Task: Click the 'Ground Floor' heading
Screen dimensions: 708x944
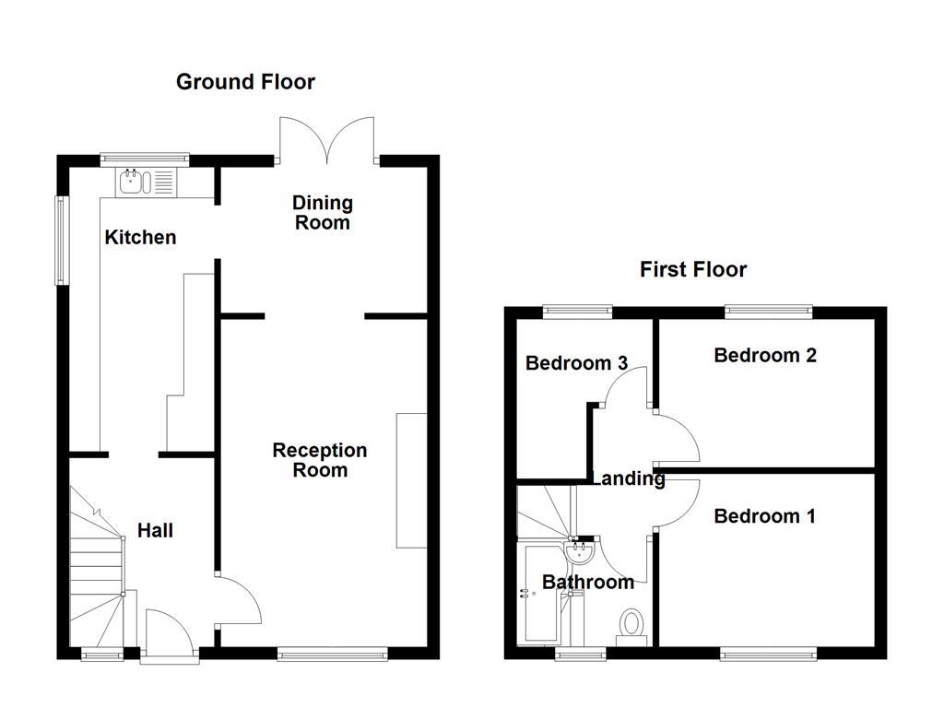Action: tap(245, 82)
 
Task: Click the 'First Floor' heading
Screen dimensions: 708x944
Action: tap(693, 269)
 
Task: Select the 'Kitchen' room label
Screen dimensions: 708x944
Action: tap(140, 238)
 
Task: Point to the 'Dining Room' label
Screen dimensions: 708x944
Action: tap(323, 212)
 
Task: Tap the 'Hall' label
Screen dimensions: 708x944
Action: tap(155, 531)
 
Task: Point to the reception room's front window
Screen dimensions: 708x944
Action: tap(332, 654)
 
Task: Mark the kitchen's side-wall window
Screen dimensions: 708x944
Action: tap(62, 240)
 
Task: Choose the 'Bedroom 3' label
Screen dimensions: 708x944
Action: tap(576, 363)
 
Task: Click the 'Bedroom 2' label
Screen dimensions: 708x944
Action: tap(765, 355)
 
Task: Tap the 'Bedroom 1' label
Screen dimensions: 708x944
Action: tap(764, 516)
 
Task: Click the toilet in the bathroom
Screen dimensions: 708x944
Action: tap(631, 625)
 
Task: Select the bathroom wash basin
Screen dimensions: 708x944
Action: tap(582, 553)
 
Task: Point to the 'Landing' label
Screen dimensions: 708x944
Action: tap(629, 478)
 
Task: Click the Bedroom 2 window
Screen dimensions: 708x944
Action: tap(768, 313)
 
